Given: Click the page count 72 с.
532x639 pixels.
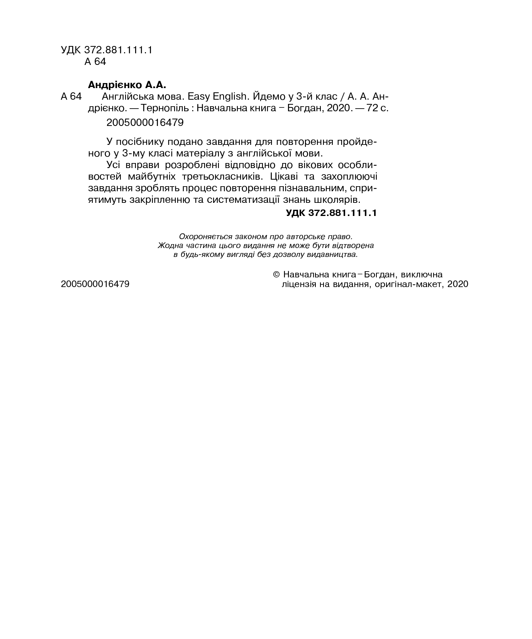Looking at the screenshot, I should [377, 108].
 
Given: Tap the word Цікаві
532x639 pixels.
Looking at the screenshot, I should [285, 177].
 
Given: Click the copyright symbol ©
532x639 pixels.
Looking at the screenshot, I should [276, 275].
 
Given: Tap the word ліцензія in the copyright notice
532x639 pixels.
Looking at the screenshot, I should [301, 284].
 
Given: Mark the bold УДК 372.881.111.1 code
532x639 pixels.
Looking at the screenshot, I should [331, 213].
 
